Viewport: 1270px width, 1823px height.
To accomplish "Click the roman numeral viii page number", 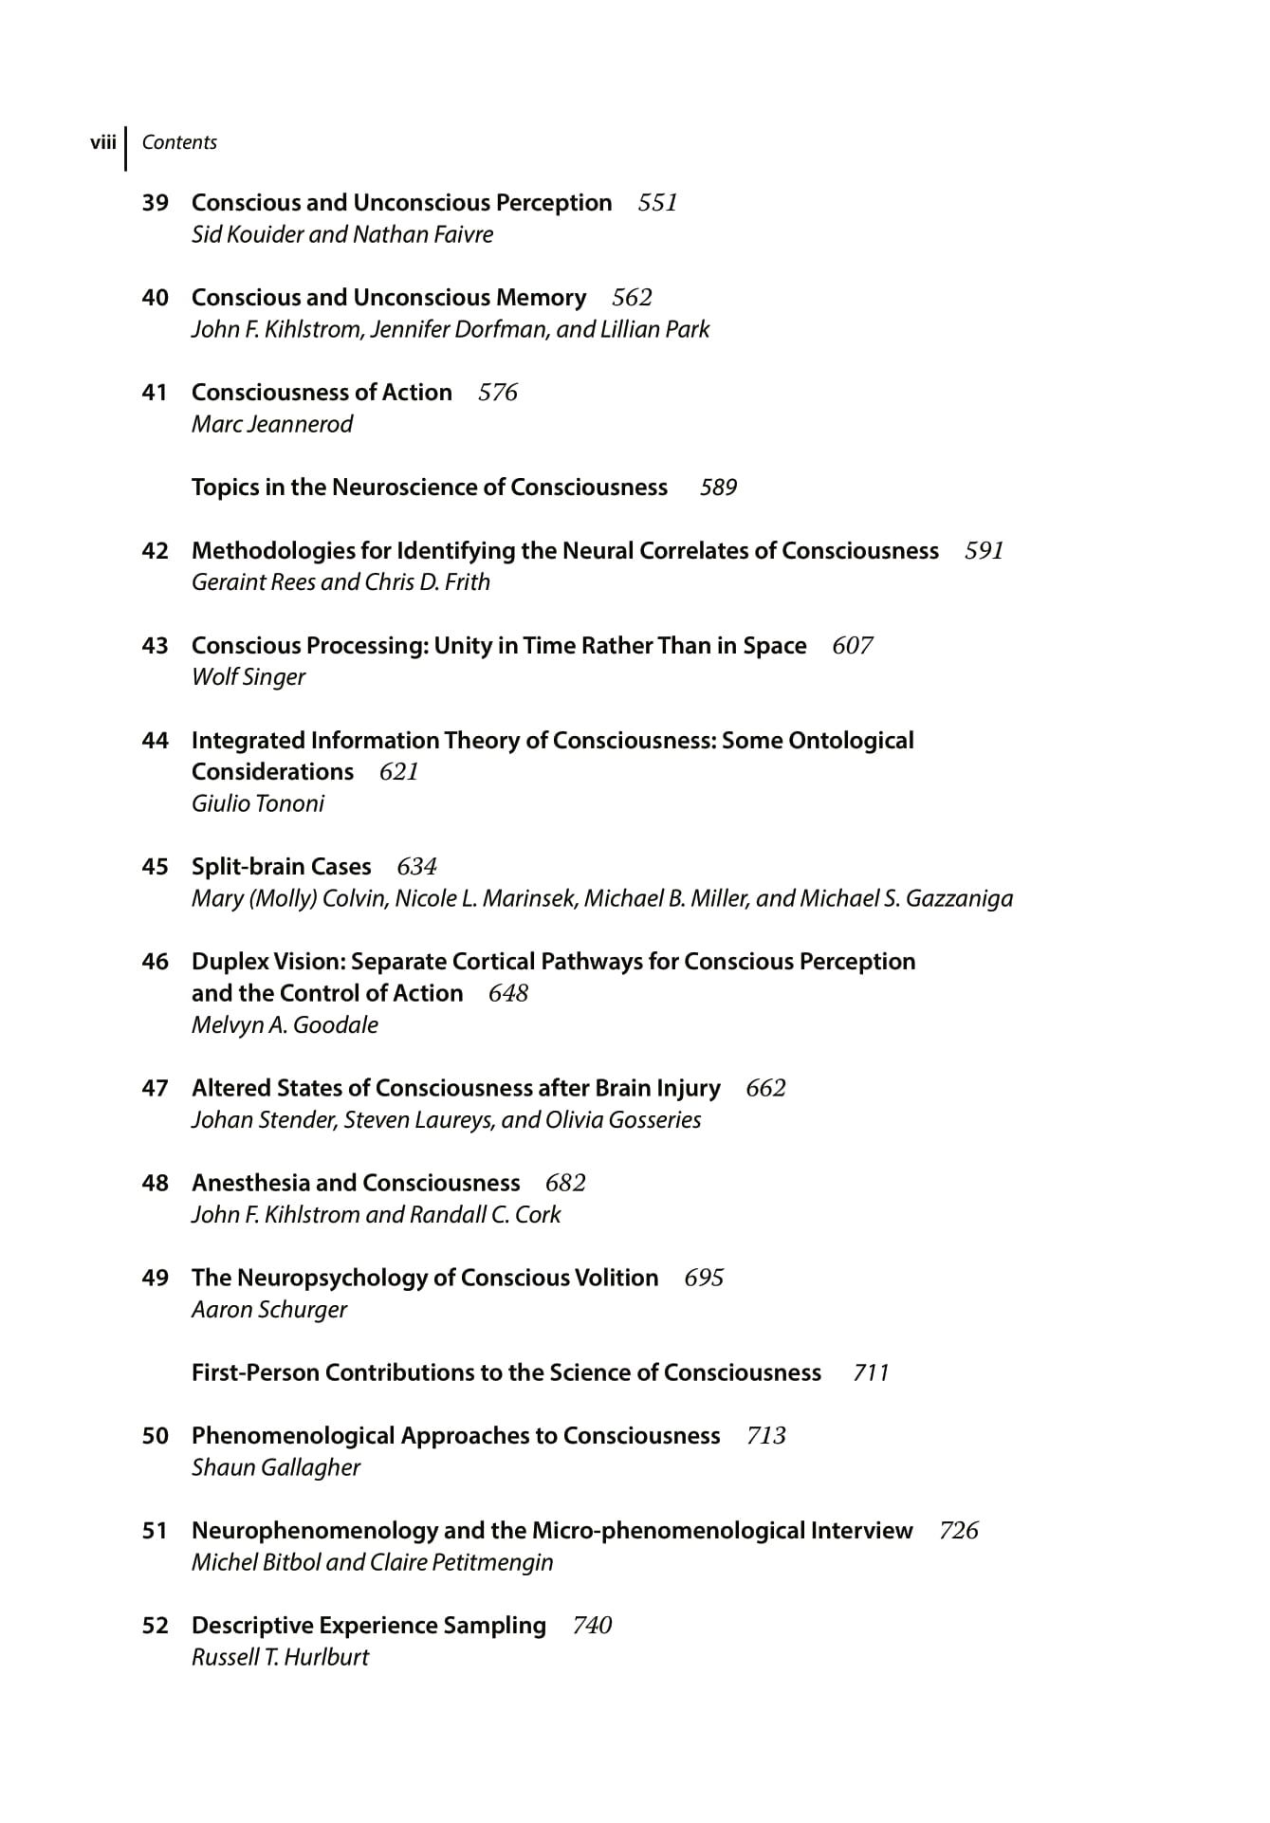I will point(102,142).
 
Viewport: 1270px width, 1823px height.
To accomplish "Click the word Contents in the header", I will point(179,142).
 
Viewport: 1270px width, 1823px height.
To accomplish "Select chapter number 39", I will point(155,203).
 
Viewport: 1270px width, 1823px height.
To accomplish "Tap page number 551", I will point(657,203).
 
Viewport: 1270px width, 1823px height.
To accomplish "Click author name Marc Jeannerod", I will point(272,424).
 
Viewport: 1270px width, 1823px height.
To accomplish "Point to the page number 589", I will point(718,488).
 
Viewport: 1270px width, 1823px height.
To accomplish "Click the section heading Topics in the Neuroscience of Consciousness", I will point(430,488).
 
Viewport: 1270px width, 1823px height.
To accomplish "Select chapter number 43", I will point(155,646).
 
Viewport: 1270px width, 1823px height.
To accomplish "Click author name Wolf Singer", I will point(248,677).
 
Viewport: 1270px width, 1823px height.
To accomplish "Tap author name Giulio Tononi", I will point(258,803).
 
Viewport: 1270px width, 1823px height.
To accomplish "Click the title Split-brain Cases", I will point(282,867).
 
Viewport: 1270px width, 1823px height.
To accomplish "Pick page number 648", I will point(508,993).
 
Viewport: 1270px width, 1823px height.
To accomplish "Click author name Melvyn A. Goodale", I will point(285,1025).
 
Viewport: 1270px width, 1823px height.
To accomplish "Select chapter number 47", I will point(155,1088).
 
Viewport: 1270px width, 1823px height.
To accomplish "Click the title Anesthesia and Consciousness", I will point(356,1183).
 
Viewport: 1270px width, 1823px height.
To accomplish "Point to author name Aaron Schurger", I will point(269,1310).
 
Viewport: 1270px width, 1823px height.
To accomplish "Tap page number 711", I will point(871,1372).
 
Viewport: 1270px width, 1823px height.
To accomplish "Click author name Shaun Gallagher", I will point(276,1467).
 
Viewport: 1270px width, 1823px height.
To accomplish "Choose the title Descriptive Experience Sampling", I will point(369,1626).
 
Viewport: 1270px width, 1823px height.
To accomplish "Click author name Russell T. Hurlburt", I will point(280,1657).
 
